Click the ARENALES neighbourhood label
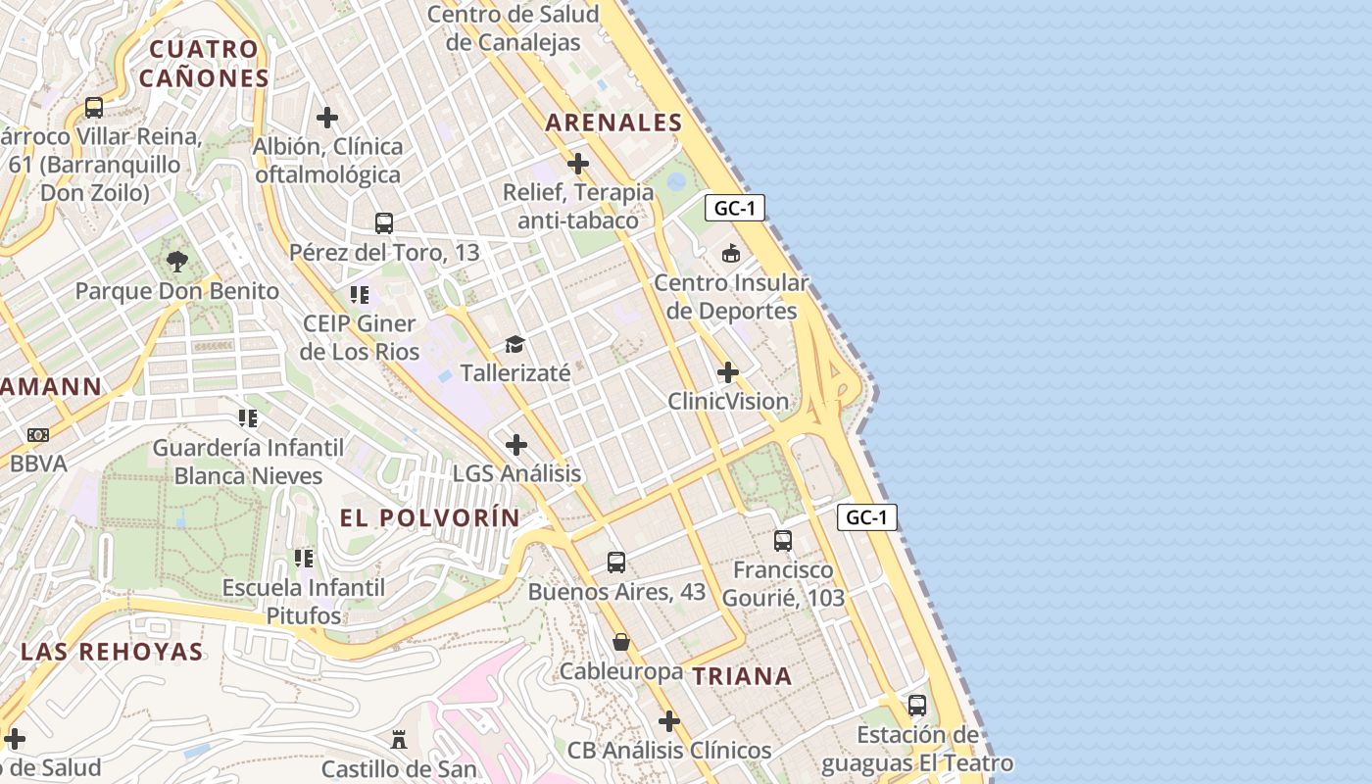coord(613,122)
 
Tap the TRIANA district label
coord(742,676)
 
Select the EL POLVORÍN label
coord(430,518)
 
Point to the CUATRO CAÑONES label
coord(204,64)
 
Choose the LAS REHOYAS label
coord(113,652)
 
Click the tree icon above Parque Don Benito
coord(177,262)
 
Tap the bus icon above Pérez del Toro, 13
coord(384,223)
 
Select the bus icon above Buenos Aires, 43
coord(616,563)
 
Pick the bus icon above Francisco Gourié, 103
coord(783,541)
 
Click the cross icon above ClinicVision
coord(728,372)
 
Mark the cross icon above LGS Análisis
coord(516,445)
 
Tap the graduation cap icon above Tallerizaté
coord(514,344)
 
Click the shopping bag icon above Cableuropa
coord(621,643)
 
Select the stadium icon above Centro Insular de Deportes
coord(730,254)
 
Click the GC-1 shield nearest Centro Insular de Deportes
coord(734,208)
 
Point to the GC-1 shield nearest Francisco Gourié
coord(866,517)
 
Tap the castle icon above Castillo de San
coord(399,740)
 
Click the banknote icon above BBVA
coord(38,434)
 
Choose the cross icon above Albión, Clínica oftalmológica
coord(327,118)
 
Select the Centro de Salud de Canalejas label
coord(514,28)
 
